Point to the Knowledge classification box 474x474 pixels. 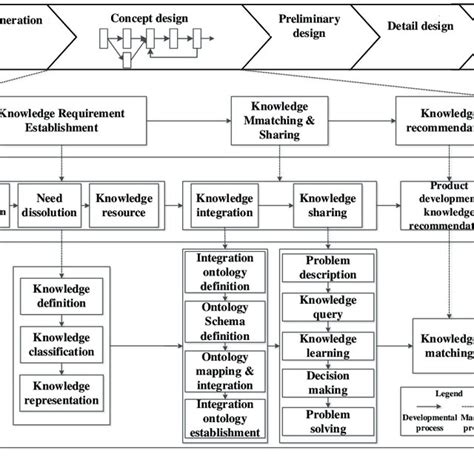click(62, 344)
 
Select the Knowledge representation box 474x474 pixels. click(62, 393)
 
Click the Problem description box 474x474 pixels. click(327, 268)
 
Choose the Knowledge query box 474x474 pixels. click(327, 306)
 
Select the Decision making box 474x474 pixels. click(327, 384)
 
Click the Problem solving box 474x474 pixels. click(327, 422)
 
